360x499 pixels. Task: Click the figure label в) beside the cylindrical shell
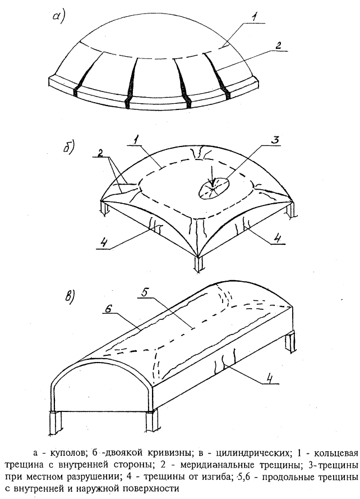(x=69, y=296)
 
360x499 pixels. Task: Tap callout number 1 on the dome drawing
(x=253, y=17)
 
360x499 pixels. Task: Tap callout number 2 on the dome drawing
(x=278, y=45)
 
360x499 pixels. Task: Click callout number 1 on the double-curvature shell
(x=136, y=139)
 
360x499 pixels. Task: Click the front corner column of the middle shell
(x=199, y=264)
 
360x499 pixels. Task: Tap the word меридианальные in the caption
(x=218, y=465)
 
